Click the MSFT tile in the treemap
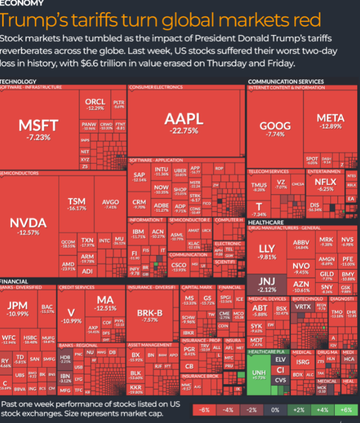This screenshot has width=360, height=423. pyautogui.click(x=34, y=129)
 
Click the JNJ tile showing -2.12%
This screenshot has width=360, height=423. pyautogui.click(x=267, y=284)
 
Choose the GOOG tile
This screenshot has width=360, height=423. pyautogui.click(x=275, y=129)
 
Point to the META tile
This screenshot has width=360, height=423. pyautogui.click(x=330, y=121)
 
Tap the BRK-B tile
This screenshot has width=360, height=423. pyautogui.click(x=150, y=315)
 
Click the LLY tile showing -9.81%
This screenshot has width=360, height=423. pyautogui.click(x=267, y=252)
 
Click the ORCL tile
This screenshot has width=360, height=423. pyautogui.click(x=95, y=104)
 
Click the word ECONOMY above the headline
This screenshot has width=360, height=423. pyautogui.click(x=22, y=3)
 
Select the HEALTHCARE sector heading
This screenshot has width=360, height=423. pyautogui.click(x=266, y=222)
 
